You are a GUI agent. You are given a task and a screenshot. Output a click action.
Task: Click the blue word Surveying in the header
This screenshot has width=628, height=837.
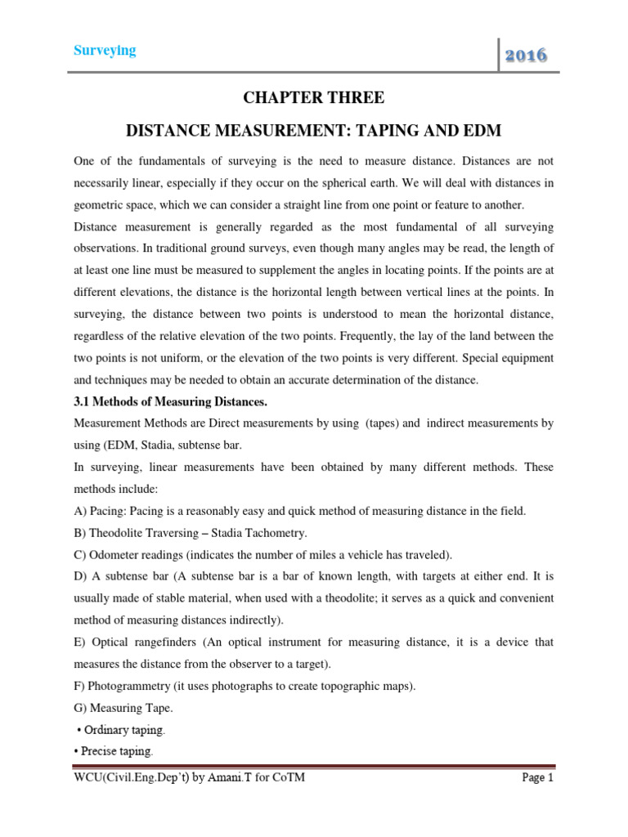(x=105, y=51)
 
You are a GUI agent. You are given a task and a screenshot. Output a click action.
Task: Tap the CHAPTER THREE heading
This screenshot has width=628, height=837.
(x=313, y=98)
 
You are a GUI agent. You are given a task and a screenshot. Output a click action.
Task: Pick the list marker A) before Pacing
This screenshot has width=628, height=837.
(x=81, y=511)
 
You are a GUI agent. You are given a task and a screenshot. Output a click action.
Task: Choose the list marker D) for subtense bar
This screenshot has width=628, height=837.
(x=81, y=576)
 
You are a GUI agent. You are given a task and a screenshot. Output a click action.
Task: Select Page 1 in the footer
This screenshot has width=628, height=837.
(x=537, y=778)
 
